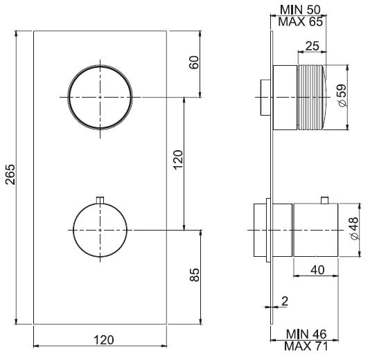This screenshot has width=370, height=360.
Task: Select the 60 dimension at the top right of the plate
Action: pyautogui.click(x=194, y=64)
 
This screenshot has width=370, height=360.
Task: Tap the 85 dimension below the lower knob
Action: pyautogui.click(x=194, y=275)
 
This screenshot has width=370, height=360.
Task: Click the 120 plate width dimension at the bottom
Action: pyautogui.click(x=103, y=339)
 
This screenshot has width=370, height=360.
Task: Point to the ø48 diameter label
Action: pyautogui.click(x=353, y=228)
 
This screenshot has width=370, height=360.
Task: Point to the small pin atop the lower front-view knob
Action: pyautogui.click(x=101, y=199)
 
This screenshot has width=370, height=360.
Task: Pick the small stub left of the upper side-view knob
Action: pyautogui.click(x=264, y=97)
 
